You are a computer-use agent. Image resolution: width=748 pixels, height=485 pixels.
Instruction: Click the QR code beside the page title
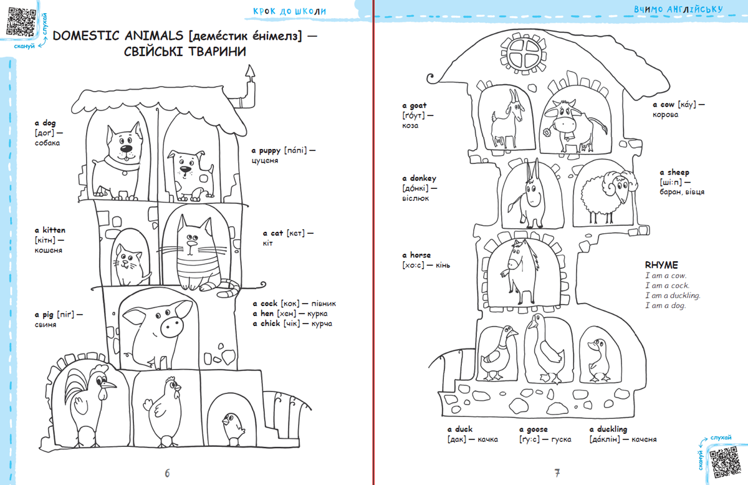[19, 22]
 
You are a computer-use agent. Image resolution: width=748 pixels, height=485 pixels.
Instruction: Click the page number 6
[167, 472]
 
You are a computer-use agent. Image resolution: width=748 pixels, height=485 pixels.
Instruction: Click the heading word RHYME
[661, 265]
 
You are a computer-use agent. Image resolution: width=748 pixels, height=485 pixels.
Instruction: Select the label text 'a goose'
[534, 429]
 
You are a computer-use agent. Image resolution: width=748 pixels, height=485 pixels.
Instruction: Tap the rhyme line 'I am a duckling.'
[673, 295]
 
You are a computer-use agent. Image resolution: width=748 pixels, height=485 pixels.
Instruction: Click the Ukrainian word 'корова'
[666, 115]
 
